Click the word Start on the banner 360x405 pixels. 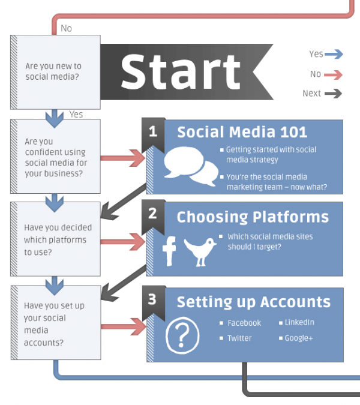[181, 72]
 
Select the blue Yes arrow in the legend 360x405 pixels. [334, 54]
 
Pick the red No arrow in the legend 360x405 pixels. [333, 74]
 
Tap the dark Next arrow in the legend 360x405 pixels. [333, 94]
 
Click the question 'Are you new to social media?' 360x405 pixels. [53, 71]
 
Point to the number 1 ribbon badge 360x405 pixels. [153, 135]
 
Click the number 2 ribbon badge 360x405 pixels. [153, 217]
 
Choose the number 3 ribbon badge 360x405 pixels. [154, 303]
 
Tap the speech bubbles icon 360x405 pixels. [191, 166]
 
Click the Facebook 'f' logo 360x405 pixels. [169, 251]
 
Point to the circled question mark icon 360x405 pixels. [182, 335]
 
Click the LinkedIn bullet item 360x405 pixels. [297, 322]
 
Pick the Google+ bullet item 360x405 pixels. [296, 338]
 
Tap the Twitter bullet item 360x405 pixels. [236, 338]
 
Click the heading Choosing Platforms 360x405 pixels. [253, 217]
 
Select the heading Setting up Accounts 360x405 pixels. [254, 302]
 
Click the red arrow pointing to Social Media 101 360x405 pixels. [123, 158]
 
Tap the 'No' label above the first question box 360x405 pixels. [66, 28]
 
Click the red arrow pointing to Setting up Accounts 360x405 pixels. [124, 327]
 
